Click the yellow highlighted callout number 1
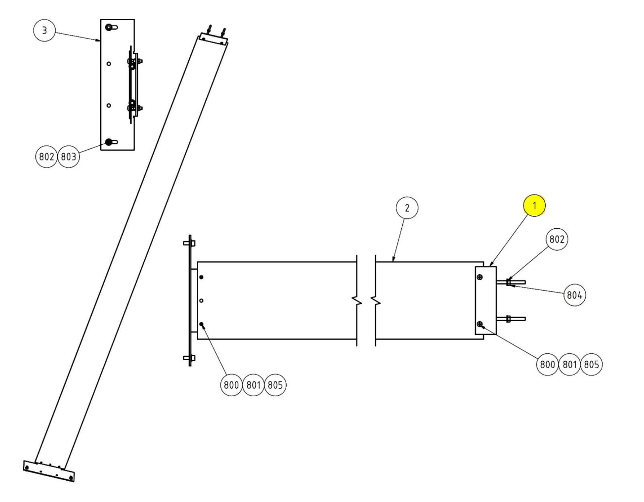click(x=534, y=206)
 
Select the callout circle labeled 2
click(x=407, y=208)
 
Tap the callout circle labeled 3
click(x=44, y=30)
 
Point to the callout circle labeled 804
click(x=574, y=295)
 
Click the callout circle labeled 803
click(x=69, y=157)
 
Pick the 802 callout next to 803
click(x=46, y=157)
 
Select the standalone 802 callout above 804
click(x=556, y=239)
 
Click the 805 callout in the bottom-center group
click(x=275, y=385)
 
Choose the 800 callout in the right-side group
click(x=547, y=365)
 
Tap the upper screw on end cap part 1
click(x=480, y=277)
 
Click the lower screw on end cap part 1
click(x=480, y=324)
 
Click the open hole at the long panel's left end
click(x=201, y=301)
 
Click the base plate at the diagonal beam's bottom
click(x=49, y=471)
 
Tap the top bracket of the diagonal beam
click(x=213, y=38)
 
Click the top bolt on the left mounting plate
click(x=189, y=243)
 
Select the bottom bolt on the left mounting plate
click(x=189, y=358)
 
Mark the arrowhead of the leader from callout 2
click(x=393, y=261)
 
